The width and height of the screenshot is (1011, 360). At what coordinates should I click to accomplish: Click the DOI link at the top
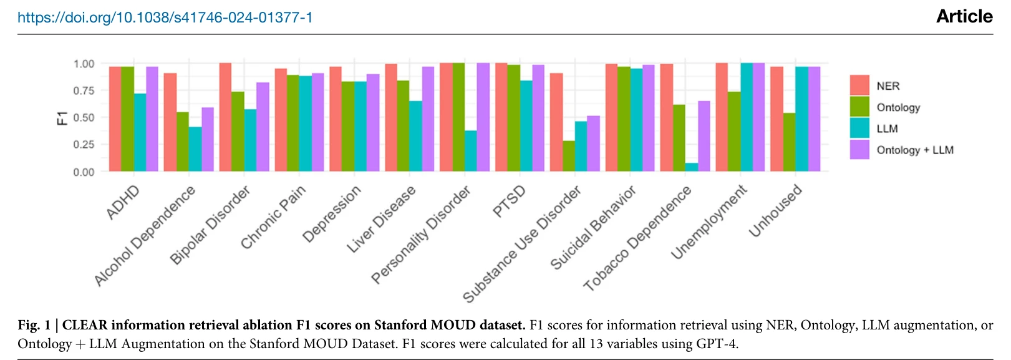165,17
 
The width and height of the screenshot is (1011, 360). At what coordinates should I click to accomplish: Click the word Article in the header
964,17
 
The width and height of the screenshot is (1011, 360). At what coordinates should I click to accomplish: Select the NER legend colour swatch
859,85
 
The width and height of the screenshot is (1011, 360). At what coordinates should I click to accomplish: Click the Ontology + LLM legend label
915,150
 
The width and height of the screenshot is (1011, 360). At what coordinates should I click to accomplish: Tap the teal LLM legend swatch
859,129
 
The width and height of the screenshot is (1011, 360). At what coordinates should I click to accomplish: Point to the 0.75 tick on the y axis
84,91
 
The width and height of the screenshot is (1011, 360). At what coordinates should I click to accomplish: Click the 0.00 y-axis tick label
84,172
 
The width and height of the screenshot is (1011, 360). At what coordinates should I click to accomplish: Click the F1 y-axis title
62,118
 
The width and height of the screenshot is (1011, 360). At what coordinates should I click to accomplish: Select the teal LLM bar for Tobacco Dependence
692,167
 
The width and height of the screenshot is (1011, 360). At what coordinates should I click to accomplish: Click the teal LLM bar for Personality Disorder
471,151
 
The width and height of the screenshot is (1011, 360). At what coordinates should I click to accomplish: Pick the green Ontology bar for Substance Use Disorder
569,156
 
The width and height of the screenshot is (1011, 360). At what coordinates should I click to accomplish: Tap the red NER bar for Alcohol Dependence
170,122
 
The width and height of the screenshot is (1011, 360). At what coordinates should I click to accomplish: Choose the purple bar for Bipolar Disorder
263,127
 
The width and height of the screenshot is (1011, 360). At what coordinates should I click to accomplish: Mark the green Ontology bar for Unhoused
790,142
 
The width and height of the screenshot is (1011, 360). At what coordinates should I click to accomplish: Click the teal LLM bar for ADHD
140,132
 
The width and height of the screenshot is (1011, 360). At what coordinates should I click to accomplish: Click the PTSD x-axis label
509,201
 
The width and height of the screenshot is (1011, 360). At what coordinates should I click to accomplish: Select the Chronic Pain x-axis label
274,217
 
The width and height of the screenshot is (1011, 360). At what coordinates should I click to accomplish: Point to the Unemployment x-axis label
709,221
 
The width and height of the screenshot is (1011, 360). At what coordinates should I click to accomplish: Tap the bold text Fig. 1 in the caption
34,325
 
